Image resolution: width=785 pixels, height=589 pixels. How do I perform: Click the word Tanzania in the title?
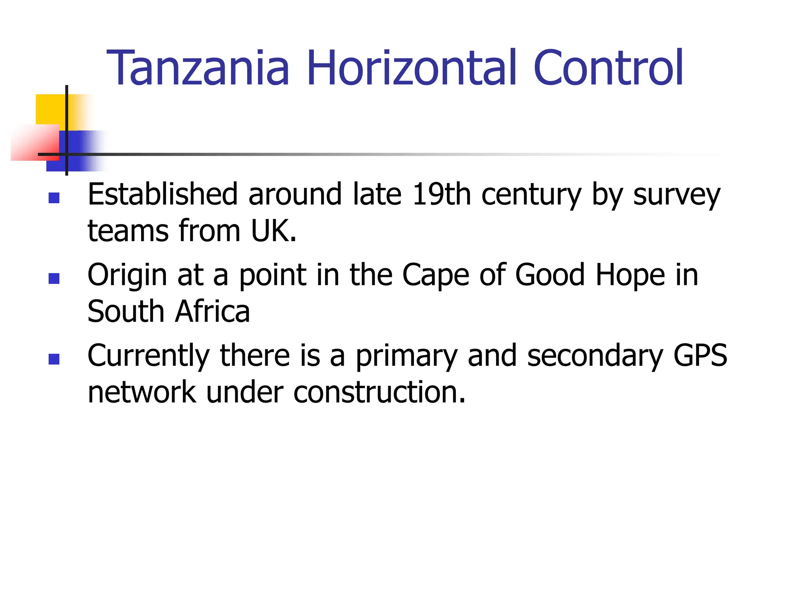tap(198, 68)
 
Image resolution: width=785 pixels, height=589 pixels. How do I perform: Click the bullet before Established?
tap(54, 198)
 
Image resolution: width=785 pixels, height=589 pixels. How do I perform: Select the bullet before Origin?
tap(54, 278)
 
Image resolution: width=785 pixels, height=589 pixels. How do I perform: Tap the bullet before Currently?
tap(54, 359)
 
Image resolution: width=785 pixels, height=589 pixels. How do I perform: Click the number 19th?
tap(441, 194)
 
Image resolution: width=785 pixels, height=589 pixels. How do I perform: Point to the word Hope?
tap(630, 275)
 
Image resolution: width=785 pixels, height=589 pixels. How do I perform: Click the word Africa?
tap(212, 311)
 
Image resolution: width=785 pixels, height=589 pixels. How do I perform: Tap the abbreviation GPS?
tap(700, 355)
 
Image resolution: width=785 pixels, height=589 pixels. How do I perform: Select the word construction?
tap(379, 392)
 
